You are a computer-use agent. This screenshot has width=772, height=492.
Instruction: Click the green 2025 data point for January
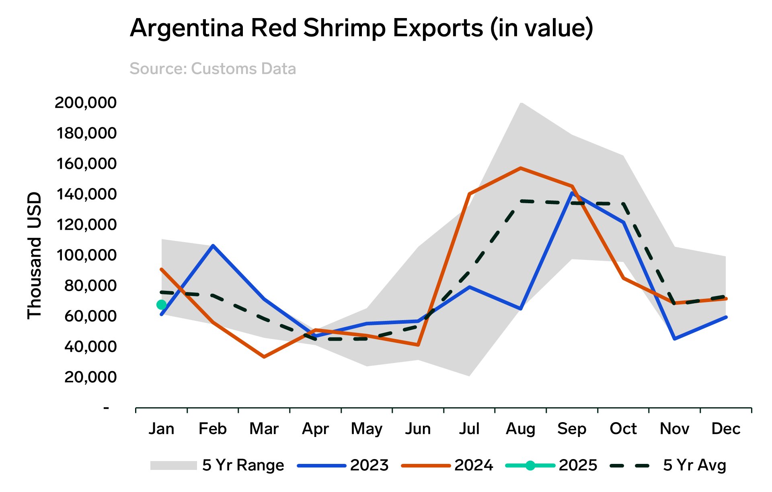161,305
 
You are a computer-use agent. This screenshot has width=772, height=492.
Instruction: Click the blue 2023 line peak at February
213,245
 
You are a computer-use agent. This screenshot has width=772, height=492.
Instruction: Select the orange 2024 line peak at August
521,168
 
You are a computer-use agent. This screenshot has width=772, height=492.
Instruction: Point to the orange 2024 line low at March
264,357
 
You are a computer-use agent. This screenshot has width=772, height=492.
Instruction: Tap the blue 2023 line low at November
674,339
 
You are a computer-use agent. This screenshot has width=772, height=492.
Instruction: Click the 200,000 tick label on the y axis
86,102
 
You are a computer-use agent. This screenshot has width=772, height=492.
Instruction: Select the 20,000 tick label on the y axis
90,377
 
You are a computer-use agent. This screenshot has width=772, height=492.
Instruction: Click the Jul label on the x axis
469,429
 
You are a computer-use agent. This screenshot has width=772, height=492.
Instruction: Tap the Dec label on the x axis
726,429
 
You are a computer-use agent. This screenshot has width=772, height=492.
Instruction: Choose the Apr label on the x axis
315,429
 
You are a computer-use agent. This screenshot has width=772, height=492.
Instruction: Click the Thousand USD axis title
35,255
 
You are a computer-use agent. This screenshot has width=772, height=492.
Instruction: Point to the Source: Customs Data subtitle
213,69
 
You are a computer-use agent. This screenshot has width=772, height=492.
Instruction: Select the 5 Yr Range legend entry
217,465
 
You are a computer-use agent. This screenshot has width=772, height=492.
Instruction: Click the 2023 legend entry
343,465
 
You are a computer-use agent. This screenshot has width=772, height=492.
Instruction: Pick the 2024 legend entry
447,465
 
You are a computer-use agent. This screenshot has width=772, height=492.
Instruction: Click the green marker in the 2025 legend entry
530,465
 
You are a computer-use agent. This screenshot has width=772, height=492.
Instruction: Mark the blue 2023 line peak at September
572,194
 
